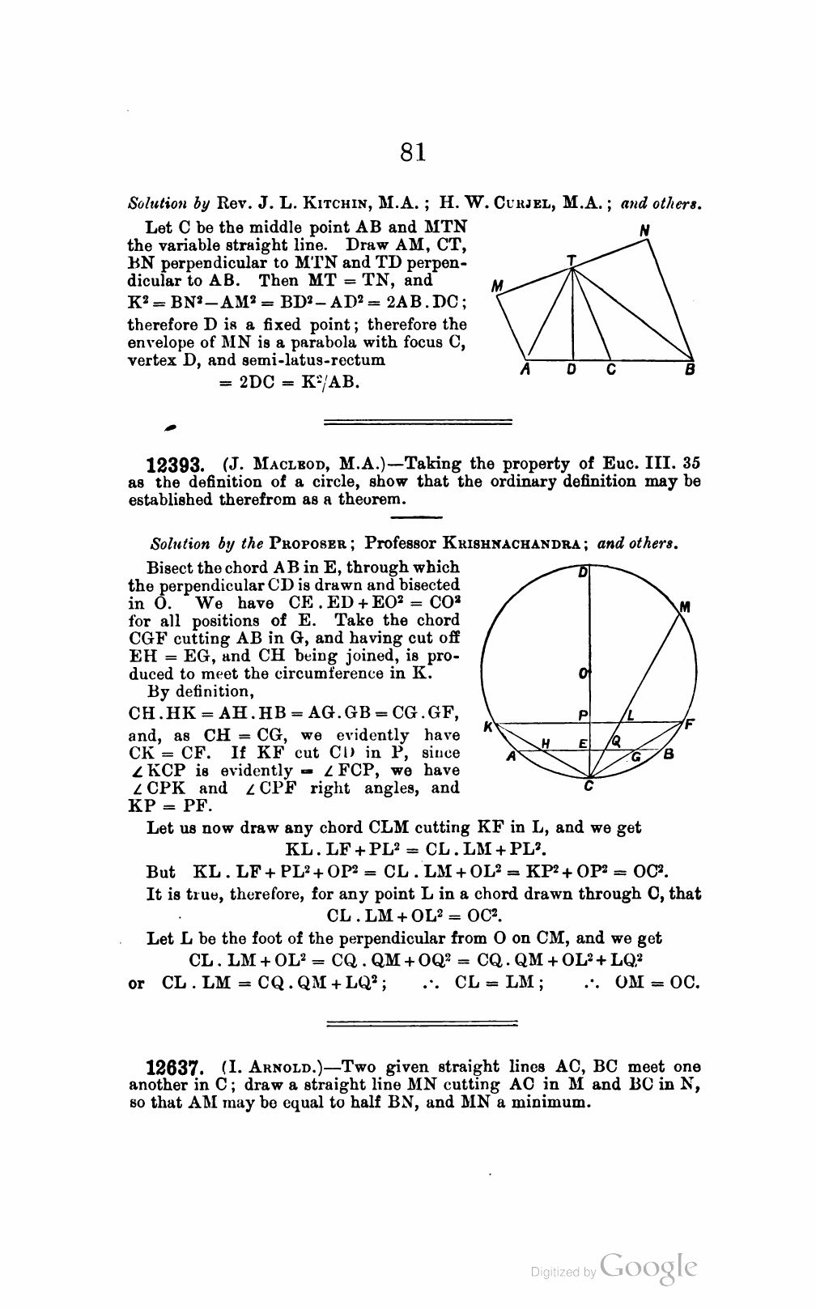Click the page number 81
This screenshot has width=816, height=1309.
[412, 151]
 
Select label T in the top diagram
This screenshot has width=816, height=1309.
[571, 259]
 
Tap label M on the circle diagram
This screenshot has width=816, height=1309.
[685, 607]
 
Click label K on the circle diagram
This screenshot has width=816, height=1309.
[487, 727]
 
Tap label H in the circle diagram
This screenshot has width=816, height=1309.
[546, 743]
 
